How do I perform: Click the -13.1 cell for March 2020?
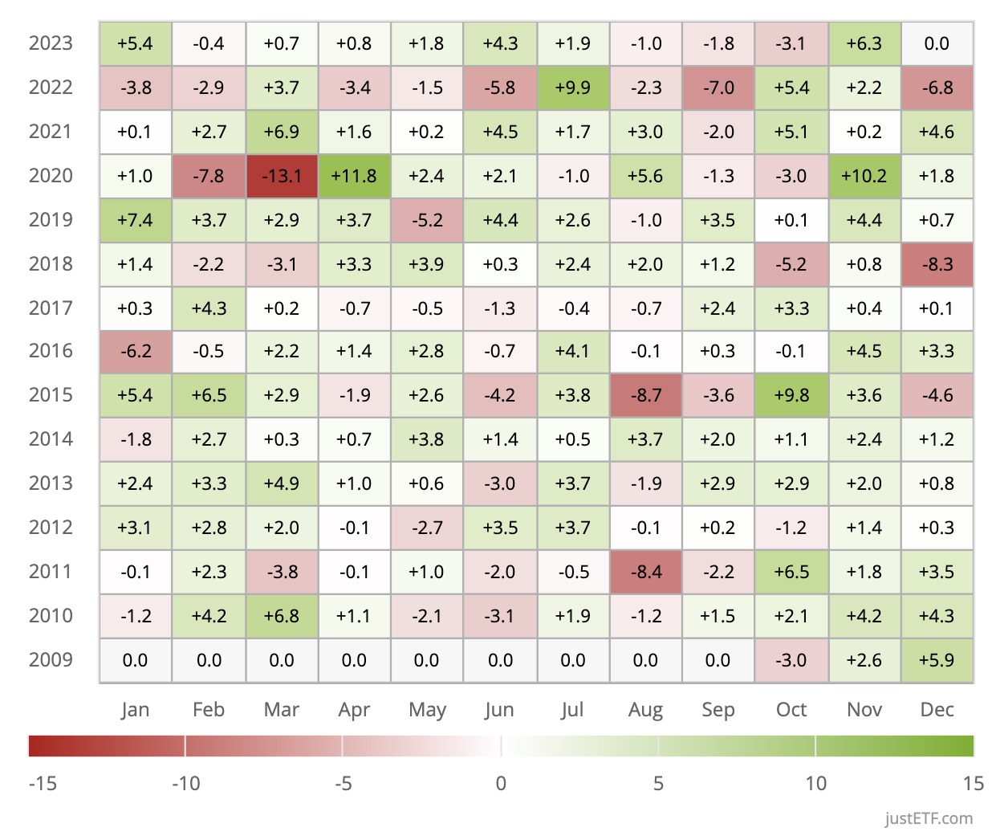282,176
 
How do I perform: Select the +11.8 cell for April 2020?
354,176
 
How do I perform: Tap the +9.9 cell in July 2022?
573,88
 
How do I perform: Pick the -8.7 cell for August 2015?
645,395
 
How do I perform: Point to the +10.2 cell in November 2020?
864,176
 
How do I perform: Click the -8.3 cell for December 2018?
937,264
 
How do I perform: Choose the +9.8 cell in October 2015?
791,395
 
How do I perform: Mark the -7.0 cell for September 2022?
718,88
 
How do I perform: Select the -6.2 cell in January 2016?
135,351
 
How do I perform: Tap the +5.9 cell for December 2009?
937,660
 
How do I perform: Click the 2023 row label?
51,43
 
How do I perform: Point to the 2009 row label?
51,660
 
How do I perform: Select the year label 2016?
51,351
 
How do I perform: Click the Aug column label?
645,710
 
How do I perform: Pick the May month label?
427,710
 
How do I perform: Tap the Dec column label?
937,710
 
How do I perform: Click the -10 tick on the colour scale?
186,783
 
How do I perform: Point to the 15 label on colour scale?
973,783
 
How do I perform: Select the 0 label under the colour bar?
501,783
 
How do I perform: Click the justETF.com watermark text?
929,818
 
